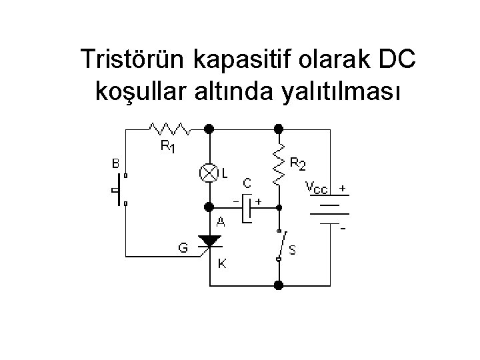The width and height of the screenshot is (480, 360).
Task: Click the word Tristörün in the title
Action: [133, 60]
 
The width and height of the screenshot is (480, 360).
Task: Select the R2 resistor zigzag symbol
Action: [279, 164]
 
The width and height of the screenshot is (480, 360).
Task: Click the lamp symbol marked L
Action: [209, 173]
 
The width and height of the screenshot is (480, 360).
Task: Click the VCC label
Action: [317, 187]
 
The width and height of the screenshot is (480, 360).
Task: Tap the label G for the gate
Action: [183, 248]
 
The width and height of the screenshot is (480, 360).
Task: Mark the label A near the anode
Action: [220, 223]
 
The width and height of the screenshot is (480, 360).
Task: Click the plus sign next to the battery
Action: [342, 189]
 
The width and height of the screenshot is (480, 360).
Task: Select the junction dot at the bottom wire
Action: [279, 285]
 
